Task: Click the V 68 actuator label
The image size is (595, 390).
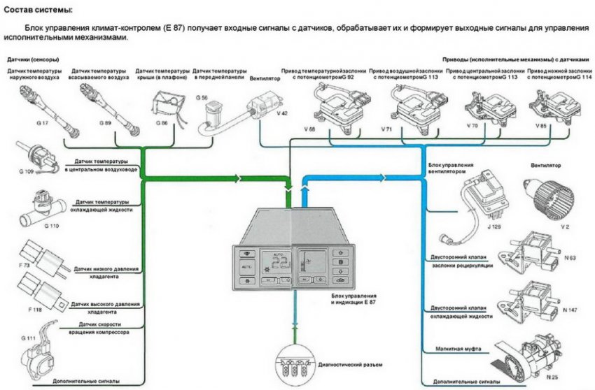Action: pyautogui.click(x=309, y=131)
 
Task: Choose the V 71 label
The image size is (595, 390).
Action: pyautogui.click(x=386, y=131)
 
